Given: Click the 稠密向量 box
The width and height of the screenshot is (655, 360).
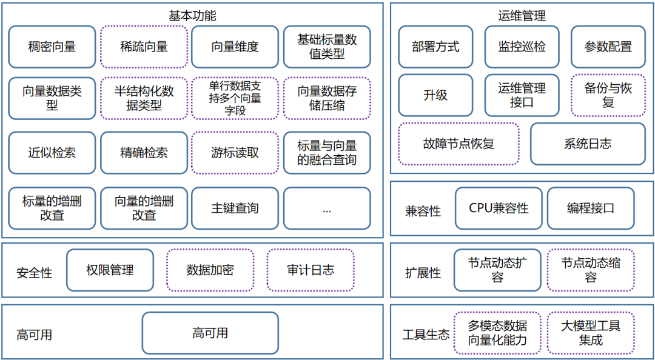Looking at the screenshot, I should click(52, 47).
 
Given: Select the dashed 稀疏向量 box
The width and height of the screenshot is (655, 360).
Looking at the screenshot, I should click(144, 47).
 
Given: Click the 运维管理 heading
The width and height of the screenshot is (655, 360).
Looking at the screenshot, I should click(521, 15).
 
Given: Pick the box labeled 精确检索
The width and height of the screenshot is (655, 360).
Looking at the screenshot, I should click(144, 153).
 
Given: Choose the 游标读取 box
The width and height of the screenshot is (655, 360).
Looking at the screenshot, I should click(235, 153).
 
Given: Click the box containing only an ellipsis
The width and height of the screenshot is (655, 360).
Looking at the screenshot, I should click(327, 208).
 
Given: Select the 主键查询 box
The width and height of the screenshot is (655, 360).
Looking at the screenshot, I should click(235, 208).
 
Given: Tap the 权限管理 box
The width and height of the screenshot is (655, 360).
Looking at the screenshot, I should click(110, 270).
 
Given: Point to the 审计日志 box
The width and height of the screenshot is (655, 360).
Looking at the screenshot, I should click(311, 270).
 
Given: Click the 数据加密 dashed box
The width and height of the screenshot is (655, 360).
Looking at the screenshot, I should click(210, 270).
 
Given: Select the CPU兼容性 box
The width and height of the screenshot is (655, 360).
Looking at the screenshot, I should click(499, 208).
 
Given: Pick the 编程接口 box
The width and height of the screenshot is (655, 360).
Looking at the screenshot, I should click(591, 208).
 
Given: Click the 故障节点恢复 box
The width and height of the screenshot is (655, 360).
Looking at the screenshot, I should click(458, 144).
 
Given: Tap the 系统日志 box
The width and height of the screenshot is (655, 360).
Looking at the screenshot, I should click(588, 144).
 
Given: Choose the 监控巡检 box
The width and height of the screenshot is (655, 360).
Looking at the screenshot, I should click(522, 47).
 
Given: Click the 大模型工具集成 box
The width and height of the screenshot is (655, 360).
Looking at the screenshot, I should click(591, 333).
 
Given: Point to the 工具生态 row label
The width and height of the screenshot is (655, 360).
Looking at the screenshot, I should click(426, 335).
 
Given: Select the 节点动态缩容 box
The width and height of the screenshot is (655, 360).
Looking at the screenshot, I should click(591, 270).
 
